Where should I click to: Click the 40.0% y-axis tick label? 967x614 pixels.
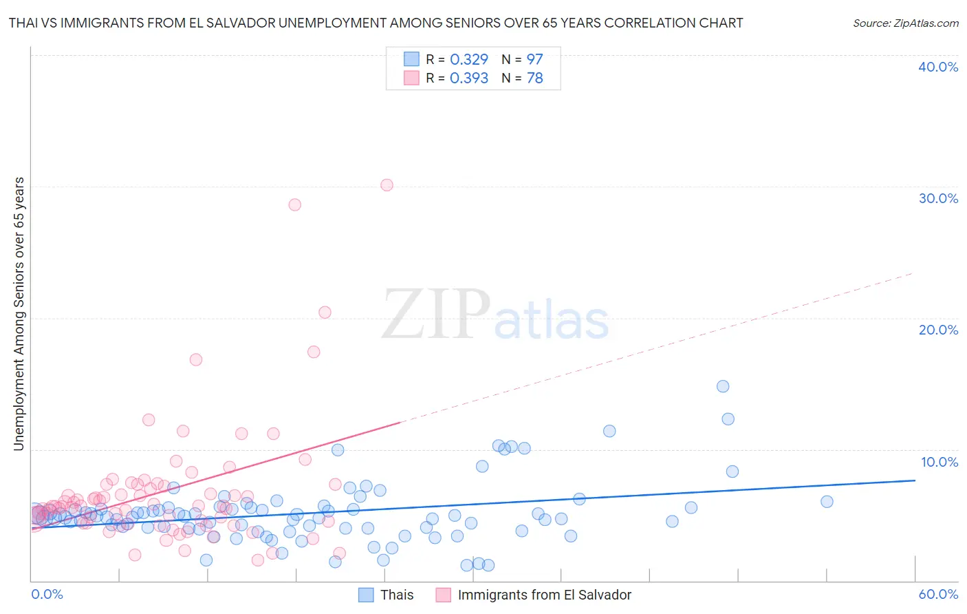point(938,67)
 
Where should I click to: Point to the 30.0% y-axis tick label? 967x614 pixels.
point(938,198)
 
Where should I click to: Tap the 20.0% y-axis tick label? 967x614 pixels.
point(938,330)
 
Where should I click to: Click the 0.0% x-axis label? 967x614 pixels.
point(47,594)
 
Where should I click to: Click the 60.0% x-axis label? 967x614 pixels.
point(938,594)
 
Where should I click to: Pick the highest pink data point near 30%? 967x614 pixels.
point(387,185)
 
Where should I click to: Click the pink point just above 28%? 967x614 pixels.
point(294,204)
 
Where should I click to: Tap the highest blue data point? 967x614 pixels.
point(723,386)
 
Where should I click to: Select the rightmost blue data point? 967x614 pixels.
point(827,502)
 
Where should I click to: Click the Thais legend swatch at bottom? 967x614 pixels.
point(366,595)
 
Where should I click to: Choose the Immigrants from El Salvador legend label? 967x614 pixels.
point(544,595)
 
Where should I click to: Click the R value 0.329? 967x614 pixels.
point(469,60)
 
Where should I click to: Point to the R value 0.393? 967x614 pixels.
point(469,78)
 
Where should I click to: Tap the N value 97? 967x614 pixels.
point(534,60)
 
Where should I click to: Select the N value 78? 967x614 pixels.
point(534,78)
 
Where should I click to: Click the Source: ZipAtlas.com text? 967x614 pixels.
point(905,23)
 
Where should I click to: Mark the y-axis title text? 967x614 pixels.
point(19,314)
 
